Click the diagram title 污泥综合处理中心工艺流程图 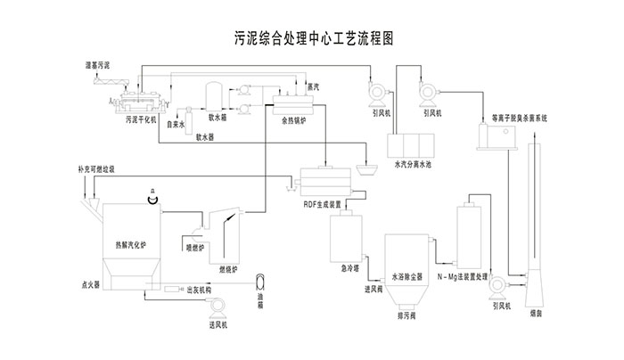coord(313,38)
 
